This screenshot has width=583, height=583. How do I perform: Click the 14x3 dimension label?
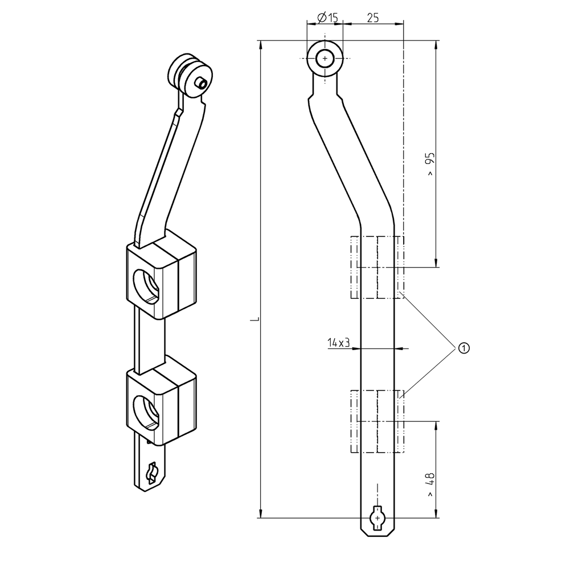pos(338,342)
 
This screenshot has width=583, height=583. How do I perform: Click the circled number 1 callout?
pos(463,347)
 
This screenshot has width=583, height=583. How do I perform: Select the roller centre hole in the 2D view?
pos(325,59)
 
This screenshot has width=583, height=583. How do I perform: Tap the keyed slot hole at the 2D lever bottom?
pos(377,518)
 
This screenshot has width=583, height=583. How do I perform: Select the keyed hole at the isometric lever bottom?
pos(152,473)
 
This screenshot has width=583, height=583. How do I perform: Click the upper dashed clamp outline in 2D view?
pos(377,268)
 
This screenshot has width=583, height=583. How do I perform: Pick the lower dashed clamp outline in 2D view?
pos(377,421)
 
